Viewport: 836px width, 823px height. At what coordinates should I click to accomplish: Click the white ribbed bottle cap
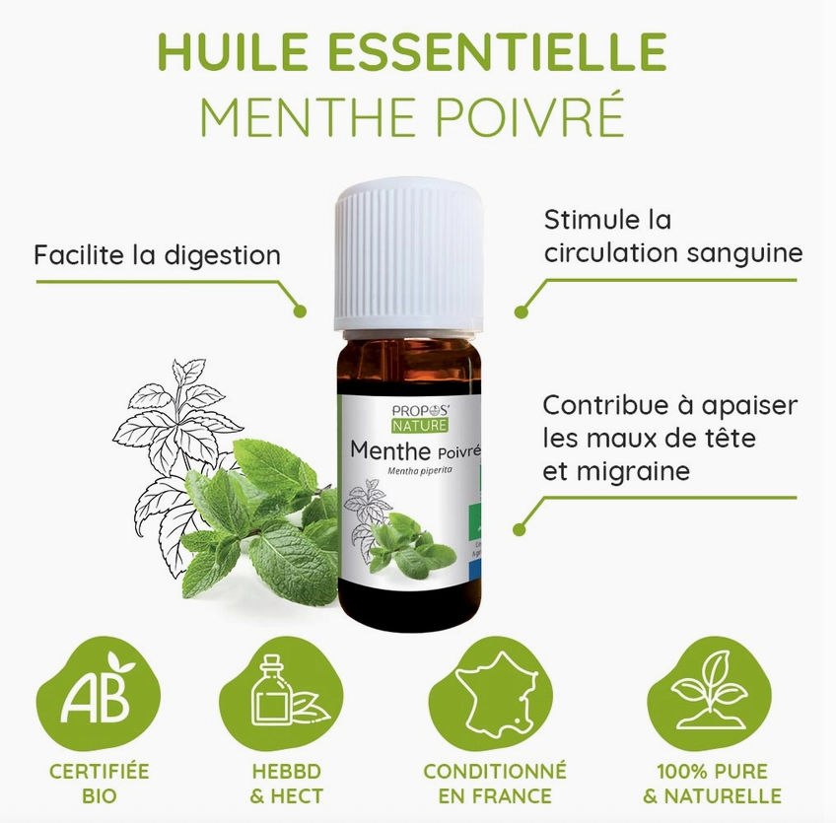(408, 254)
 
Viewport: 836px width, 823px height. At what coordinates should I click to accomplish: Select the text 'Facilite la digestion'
(157, 255)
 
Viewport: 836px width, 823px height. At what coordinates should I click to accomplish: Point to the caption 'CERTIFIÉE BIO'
(100, 783)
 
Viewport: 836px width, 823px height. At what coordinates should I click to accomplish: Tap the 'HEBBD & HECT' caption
(286, 783)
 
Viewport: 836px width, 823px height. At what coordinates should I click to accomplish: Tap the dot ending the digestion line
(301, 311)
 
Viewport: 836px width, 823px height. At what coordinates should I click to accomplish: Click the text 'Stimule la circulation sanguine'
(672, 236)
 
